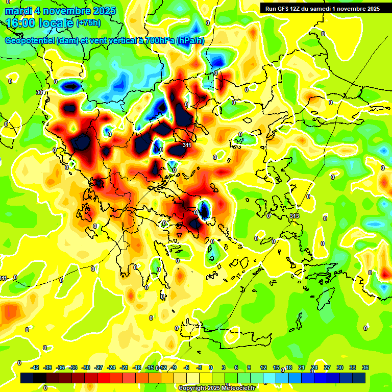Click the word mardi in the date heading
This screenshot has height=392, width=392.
[18, 11]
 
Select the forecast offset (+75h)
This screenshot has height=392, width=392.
[88, 23]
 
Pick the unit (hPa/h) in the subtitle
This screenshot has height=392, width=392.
[190, 41]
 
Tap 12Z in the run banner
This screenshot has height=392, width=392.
[299, 9]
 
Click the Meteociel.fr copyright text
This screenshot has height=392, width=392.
[217, 388]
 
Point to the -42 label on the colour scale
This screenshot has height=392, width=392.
[35, 367]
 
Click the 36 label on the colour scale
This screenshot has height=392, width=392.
[365, 367]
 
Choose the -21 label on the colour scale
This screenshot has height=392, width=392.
[124, 367]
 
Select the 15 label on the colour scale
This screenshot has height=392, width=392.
[276, 367]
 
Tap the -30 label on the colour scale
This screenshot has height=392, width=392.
[86, 367]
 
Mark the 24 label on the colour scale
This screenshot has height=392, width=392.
[314, 367]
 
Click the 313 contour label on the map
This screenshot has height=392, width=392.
[295, 216]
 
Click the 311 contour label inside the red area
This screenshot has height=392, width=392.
[187, 145]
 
